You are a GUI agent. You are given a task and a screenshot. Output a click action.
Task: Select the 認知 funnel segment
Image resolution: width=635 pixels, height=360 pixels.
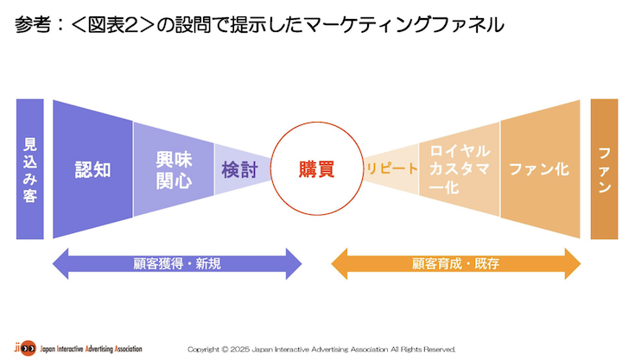[x=92, y=169]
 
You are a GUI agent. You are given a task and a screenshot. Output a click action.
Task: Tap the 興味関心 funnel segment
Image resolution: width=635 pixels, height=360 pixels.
[x=173, y=169]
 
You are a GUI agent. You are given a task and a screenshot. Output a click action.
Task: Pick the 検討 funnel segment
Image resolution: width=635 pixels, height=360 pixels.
[x=239, y=169]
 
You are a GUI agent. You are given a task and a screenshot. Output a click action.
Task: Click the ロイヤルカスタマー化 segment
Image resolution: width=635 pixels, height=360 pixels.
[x=459, y=168]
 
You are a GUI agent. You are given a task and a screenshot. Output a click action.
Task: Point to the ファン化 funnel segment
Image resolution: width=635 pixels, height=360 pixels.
[x=539, y=169]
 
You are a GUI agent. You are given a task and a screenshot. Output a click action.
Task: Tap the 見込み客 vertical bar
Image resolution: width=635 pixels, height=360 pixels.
[x=29, y=169]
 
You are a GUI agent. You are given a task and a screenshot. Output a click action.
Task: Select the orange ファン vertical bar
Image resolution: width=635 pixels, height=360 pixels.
[x=604, y=169]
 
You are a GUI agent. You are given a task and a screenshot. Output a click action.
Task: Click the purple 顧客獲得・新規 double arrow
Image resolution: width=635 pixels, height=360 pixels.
[x=178, y=263]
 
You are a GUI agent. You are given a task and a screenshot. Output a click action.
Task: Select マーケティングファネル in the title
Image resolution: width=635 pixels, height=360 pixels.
[x=406, y=25]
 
